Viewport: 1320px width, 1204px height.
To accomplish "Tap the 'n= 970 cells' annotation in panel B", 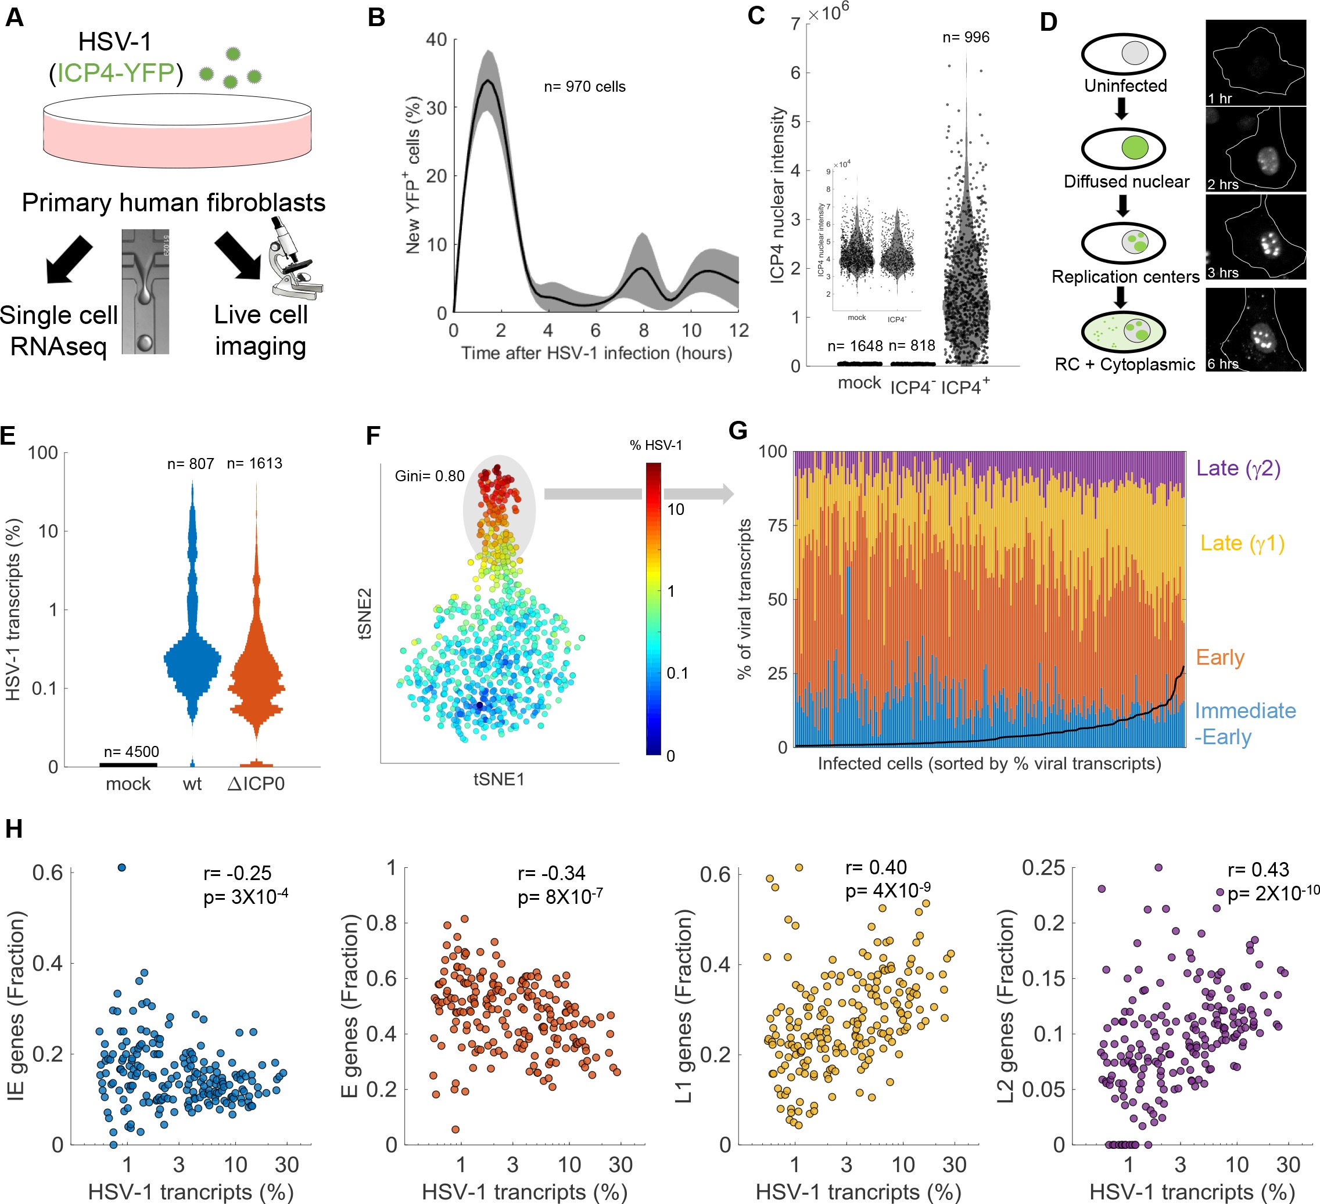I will tap(584, 86).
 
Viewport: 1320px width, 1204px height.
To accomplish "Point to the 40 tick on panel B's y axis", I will tap(436, 39).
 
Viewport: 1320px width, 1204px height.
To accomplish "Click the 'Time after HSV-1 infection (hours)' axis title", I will tap(596, 354).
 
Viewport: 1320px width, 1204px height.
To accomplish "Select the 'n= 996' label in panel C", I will tap(965, 37).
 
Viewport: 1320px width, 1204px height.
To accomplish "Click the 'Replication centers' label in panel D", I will tap(1125, 277).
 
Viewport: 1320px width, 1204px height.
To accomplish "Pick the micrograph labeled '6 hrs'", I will tap(1255, 330).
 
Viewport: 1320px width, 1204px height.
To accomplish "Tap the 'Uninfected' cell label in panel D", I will tap(1125, 86).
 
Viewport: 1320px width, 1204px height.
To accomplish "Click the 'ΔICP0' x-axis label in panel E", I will tap(256, 784).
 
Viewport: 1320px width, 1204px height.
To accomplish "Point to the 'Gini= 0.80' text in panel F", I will tap(429, 475).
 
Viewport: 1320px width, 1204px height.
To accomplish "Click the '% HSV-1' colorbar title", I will tap(655, 446).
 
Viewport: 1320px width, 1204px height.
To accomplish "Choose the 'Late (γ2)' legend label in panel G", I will tap(1237, 468).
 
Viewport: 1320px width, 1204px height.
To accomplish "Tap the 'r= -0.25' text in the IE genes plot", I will tap(237, 873).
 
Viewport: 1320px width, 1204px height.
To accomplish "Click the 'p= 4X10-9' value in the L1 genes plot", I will tap(887, 891).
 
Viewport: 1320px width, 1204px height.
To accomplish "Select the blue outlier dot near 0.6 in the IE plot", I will tap(121, 868).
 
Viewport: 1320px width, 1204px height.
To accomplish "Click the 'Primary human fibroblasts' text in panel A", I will tap(174, 203).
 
